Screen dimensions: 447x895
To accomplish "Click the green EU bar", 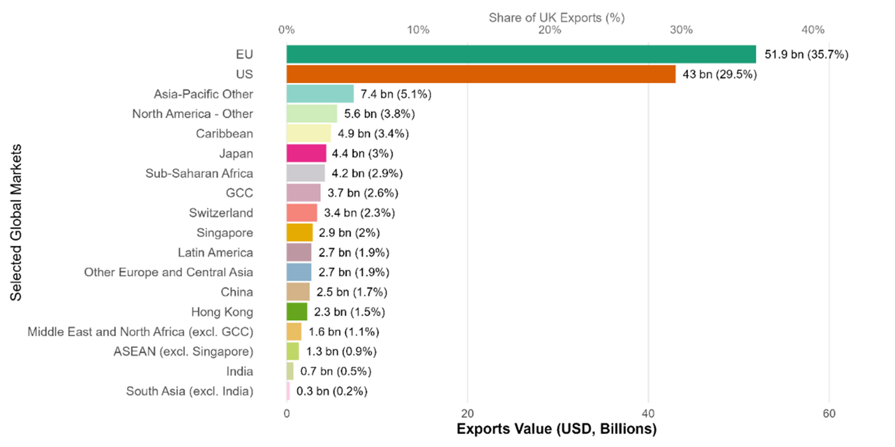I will point(521,54).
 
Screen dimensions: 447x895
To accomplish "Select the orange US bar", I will point(481,74).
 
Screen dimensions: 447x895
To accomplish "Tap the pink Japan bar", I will point(306,153).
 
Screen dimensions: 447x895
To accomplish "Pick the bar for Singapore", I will point(300,233).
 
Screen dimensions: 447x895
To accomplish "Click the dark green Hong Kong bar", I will point(297,312).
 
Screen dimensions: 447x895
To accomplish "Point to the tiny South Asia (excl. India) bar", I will point(288,391).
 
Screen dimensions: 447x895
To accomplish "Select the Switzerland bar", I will point(302,213).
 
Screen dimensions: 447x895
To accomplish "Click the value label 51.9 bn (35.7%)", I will point(806,55).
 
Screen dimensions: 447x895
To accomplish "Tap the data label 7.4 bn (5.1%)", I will point(396,94).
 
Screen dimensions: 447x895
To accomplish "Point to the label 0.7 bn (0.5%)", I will point(335,371).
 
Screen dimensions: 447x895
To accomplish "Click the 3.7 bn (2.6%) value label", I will point(363,193).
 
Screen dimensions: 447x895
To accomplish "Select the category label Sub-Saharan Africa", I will point(199,173).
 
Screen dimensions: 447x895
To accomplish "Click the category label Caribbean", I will point(224,133).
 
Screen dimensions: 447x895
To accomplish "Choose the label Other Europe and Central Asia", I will point(168,272).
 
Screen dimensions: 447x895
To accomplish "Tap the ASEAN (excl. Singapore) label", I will point(183,351).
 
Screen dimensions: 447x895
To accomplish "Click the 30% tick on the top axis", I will point(681,30).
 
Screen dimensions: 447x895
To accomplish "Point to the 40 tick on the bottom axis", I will point(648,414).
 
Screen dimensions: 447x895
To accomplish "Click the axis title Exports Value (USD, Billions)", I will point(556,429).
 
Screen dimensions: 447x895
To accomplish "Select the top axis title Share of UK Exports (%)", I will point(556,18).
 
